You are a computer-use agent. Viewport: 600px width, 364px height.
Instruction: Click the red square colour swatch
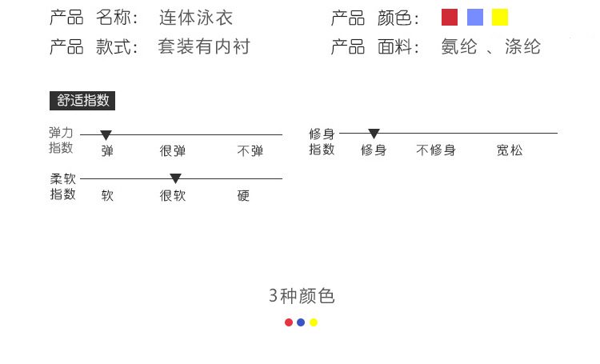pos(450,18)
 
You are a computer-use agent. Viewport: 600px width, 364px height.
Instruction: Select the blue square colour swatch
pos(475,18)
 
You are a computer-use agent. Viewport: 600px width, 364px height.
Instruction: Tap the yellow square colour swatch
pos(500,18)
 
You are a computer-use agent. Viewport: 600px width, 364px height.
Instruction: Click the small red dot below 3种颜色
pos(289,322)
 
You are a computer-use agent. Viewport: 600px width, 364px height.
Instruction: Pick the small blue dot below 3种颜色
pos(301,322)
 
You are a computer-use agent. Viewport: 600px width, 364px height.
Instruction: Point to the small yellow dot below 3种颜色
pos(314,322)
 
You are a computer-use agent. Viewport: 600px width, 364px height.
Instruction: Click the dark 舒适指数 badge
pos(83,101)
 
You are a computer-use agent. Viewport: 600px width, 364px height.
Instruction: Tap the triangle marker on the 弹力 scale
pos(106,135)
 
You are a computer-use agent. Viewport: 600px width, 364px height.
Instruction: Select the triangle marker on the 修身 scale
pos(374,134)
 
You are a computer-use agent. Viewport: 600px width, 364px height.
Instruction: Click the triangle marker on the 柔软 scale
pos(175,178)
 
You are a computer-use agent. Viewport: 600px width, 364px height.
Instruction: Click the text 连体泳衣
pos(196,18)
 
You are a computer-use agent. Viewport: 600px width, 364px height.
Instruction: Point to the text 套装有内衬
pos(204,46)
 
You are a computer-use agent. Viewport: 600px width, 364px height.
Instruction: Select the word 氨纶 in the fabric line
pos(459,46)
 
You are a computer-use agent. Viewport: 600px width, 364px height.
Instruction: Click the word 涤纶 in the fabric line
pos(522,46)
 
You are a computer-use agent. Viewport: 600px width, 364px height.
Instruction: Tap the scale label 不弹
pos(250,150)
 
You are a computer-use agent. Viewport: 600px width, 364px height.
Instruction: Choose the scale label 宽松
pos(510,150)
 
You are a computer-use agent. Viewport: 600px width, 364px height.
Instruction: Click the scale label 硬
pos(244,195)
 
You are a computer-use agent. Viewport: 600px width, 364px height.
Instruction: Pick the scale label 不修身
pos(436,150)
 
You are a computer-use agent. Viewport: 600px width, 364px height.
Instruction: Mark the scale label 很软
pos(173,195)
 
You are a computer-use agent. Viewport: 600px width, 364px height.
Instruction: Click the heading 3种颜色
pos(302,297)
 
